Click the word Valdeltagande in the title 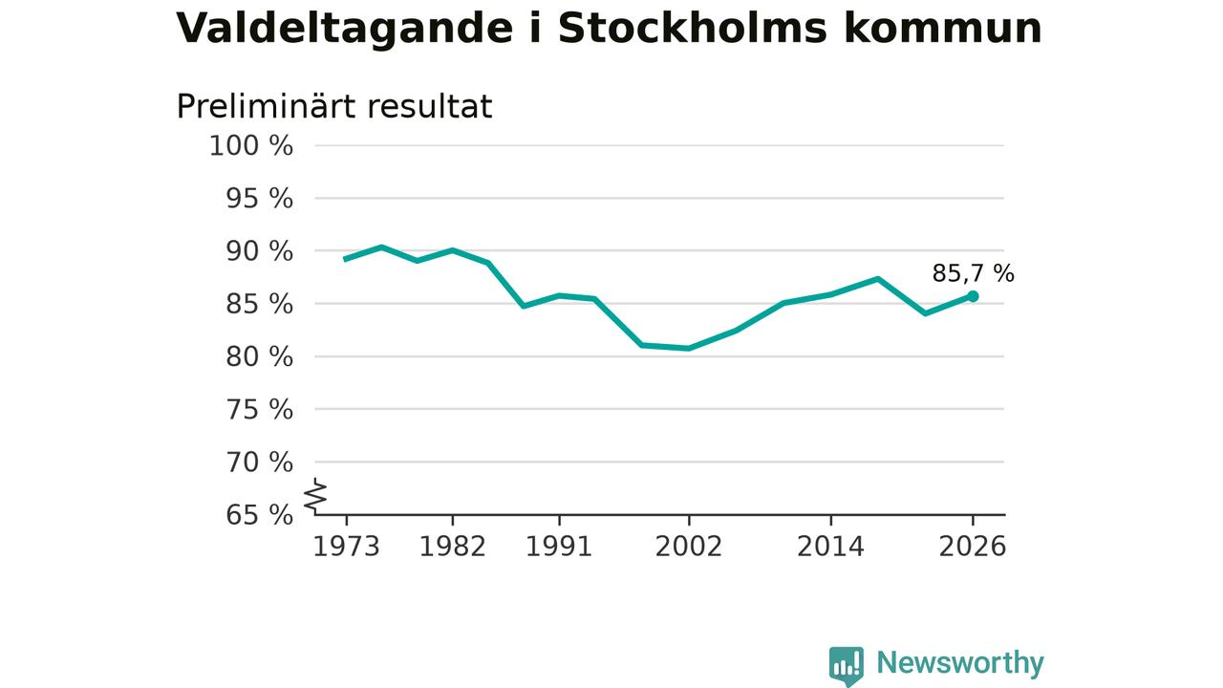coord(345,29)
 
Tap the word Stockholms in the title coord(693,28)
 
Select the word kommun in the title coord(943,29)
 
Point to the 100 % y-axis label coord(251,146)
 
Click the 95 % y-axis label coord(259,198)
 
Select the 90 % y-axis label coord(259,251)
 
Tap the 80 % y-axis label coord(259,356)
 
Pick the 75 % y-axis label coord(259,409)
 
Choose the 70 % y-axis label coord(259,462)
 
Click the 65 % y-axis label coord(259,514)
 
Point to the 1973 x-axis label coord(346,547)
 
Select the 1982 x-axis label coord(452,547)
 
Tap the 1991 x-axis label coord(559,547)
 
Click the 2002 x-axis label coord(689,547)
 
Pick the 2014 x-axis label coord(830,547)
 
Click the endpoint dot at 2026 coord(973,296)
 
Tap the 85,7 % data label coord(973,273)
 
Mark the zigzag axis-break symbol coord(315,496)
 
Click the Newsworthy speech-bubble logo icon coord(847,666)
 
